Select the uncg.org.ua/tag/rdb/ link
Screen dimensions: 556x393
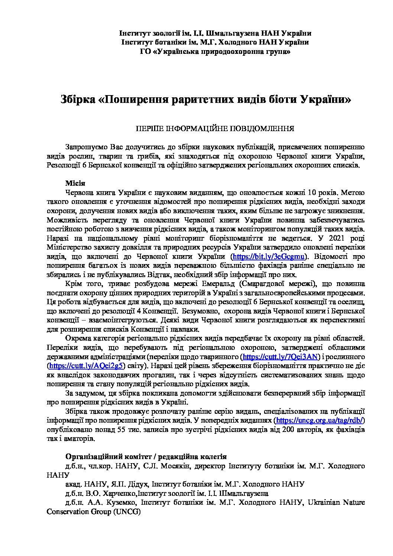click(320, 420)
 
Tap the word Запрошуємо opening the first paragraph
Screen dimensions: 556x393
click(86, 147)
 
